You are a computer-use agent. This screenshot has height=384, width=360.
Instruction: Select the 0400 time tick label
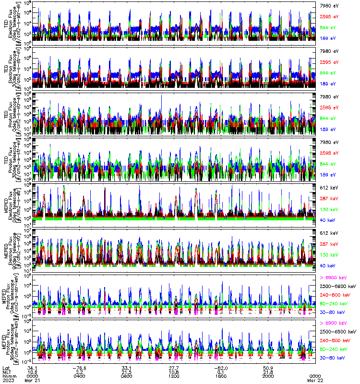coord(79,376)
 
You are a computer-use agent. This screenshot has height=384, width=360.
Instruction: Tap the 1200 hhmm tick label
coord(174,376)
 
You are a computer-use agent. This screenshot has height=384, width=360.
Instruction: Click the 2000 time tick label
coord(268,376)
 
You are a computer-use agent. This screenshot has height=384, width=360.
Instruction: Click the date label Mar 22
coord(315,380)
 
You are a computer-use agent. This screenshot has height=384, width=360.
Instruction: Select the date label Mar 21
coord(33,380)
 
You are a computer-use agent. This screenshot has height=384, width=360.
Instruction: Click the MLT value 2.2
coord(79,372)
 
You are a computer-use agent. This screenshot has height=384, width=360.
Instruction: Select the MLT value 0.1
coord(221,372)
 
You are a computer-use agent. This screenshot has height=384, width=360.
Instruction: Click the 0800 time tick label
coord(127,376)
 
